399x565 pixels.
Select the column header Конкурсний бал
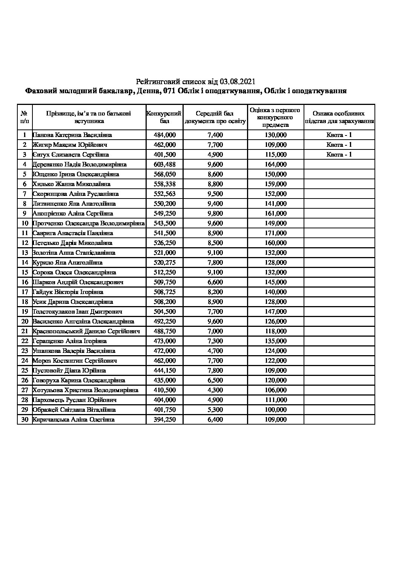point(164,117)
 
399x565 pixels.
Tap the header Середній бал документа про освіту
point(215,117)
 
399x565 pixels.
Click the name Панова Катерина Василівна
point(72,135)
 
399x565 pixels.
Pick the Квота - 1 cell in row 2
point(339,145)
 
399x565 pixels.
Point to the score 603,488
point(165,164)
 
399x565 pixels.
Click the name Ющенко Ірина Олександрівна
point(76,174)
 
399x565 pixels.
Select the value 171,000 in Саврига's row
point(276,233)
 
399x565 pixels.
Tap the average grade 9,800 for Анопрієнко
point(215,213)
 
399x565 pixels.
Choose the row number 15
point(25,272)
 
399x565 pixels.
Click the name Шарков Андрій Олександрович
point(78,282)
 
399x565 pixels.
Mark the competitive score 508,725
point(165,292)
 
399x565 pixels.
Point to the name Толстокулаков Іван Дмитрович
point(77,311)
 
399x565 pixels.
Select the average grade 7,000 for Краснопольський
point(215,331)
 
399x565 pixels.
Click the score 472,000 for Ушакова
point(165,351)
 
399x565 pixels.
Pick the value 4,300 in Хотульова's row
point(215,390)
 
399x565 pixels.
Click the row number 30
point(25,419)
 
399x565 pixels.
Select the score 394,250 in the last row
point(165,419)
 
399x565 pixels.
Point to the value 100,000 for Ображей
point(276,410)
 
